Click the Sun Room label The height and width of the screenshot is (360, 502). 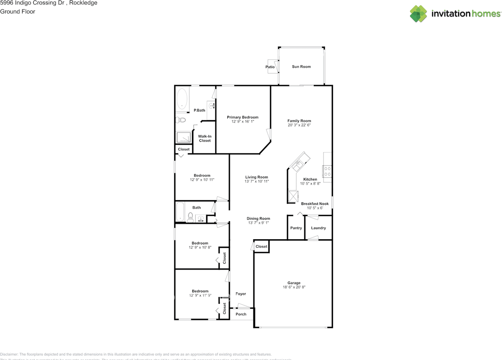(301, 67)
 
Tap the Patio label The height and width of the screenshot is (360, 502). (270, 67)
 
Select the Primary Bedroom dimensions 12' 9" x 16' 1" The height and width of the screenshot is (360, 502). (243, 122)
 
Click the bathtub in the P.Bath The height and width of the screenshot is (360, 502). (182, 99)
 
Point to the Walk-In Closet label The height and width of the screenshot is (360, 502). (204, 138)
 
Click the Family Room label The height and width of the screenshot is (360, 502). (299, 121)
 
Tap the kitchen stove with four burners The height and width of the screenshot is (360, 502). (327, 171)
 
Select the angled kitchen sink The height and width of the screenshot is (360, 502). (298, 162)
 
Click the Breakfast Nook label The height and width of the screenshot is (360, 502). (315, 204)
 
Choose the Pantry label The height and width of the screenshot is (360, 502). (296, 228)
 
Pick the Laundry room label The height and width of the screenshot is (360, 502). (318, 228)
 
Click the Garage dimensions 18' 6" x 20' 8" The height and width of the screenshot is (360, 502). (294, 287)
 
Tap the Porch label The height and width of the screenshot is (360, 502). (241, 314)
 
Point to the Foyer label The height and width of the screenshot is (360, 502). (241, 294)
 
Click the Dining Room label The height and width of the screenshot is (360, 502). (258, 218)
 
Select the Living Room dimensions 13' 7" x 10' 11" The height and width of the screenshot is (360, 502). (256, 182)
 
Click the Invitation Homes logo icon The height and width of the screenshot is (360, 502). (418, 14)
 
